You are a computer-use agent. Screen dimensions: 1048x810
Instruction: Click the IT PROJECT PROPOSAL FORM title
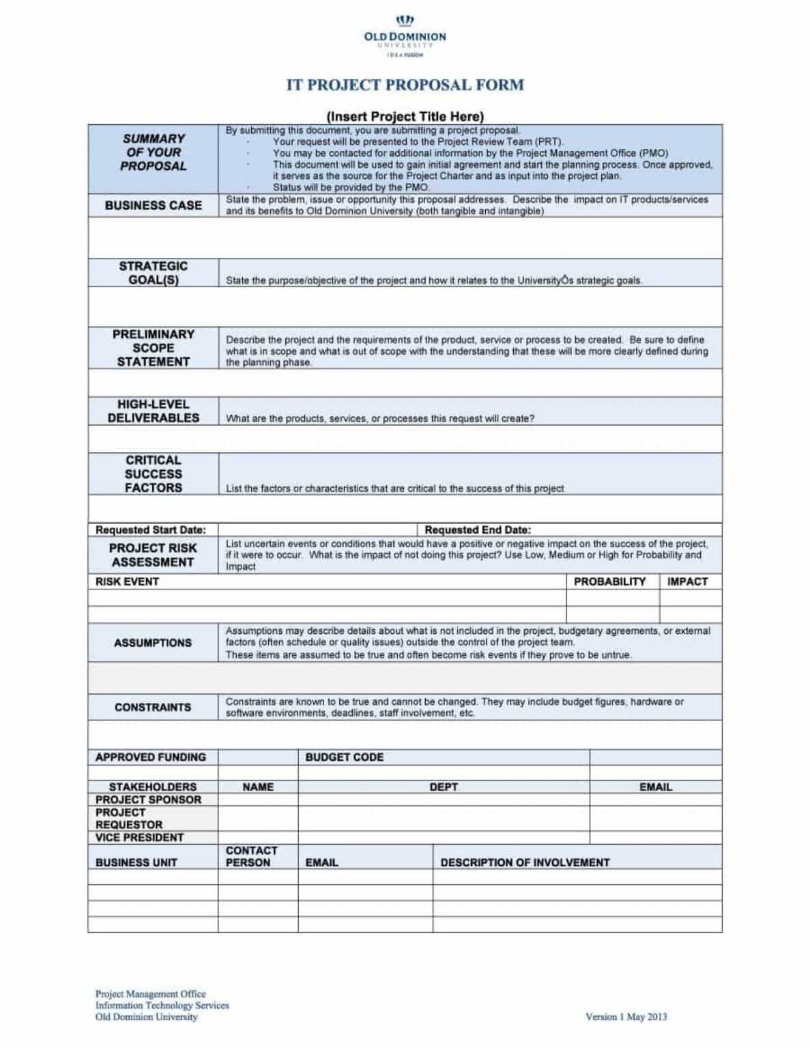[405, 85]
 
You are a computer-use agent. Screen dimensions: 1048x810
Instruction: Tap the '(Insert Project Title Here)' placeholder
[405, 116]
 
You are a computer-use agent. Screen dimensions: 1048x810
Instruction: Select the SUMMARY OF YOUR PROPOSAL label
[153, 152]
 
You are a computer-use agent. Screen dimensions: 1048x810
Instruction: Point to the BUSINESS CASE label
[153, 205]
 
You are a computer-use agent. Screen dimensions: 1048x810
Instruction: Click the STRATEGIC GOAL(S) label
[153, 273]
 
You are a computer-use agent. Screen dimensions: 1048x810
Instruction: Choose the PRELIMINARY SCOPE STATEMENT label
[153, 348]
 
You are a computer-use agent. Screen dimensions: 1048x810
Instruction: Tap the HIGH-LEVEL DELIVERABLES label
[153, 411]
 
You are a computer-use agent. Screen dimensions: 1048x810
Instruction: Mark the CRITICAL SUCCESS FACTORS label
[153, 474]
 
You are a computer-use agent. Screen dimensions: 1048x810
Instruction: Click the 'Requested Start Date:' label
[150, 529]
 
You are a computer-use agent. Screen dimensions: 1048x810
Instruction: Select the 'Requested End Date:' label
[477, 529]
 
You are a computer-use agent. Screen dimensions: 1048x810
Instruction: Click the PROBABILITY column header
[609, 581]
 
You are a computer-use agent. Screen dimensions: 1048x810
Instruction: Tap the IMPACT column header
[686, 581]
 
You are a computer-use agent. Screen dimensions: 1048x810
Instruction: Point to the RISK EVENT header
[127, 581]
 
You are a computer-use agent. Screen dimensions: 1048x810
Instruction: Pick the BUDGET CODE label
[344, 757]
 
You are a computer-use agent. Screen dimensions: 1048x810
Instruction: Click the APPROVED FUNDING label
[150, 757]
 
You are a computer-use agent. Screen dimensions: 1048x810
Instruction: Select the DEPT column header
[443, 787]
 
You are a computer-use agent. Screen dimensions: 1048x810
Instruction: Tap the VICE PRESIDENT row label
[139, 837]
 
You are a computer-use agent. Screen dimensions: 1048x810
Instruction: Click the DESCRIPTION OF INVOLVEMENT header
[524, 862]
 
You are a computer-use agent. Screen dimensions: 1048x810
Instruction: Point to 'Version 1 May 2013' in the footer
[626, 1017]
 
